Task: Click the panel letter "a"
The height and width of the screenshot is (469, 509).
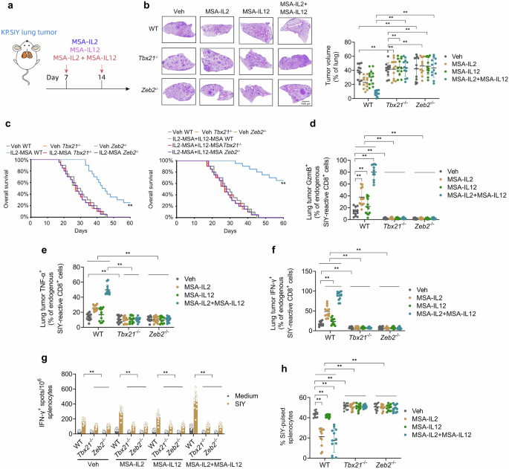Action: pyautogui.click(x=5, y=5)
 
